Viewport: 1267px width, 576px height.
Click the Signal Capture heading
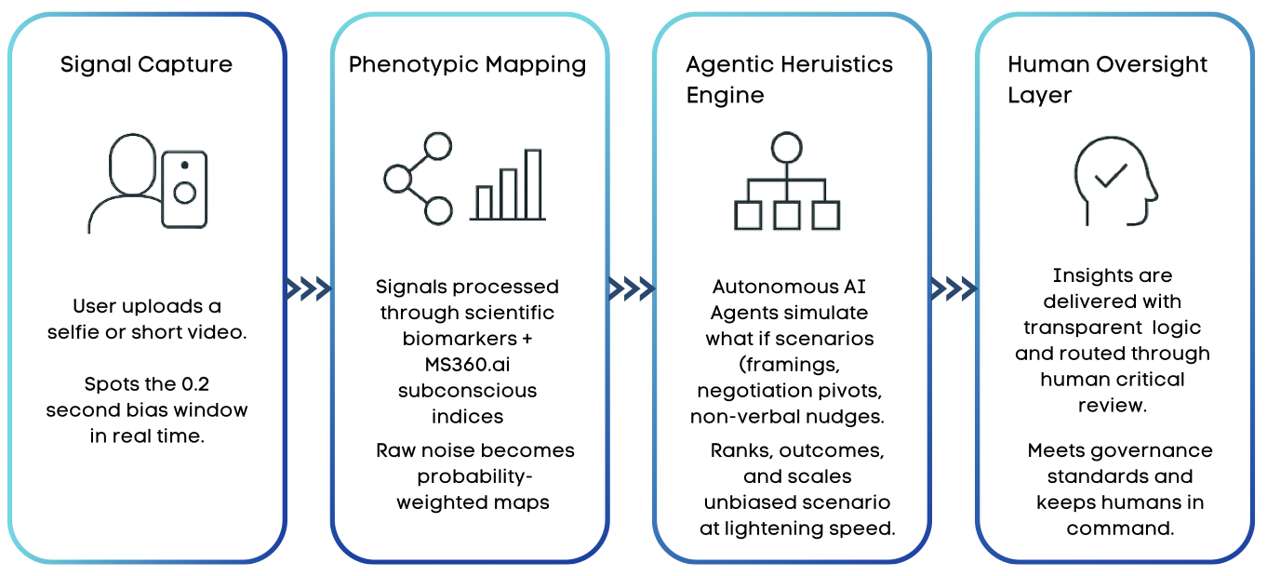tap(146, 65)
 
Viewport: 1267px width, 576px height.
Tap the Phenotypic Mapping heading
tap(467, 65)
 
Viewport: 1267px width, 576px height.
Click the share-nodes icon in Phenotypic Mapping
tap(419, 178)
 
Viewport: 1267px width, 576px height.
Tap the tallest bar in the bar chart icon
tap(533, 183)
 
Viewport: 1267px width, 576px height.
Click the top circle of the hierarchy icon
tap(787, 146)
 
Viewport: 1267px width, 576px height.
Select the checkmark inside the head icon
tap(1112, 175)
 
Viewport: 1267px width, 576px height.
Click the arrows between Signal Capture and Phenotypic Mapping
tap(309, 288)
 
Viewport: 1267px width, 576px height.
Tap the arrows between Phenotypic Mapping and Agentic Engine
tap(632, 288)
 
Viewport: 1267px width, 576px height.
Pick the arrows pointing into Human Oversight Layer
tap(954, 288)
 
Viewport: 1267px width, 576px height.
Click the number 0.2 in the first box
tap(178, 384)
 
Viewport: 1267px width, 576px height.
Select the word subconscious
tap(467, 390)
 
